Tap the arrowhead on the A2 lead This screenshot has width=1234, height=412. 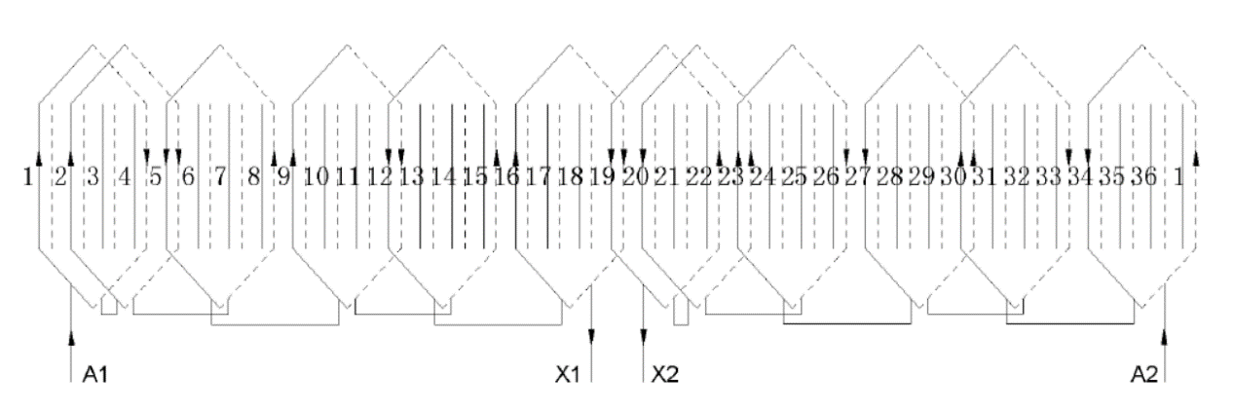[1166, 337]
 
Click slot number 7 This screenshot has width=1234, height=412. [220, 178]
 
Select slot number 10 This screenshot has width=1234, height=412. [315, 178]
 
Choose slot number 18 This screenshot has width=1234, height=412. [571, 178]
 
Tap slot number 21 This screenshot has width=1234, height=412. [666, 178]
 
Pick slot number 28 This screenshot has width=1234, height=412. [889, 178]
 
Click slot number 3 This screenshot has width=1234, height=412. [93, 178]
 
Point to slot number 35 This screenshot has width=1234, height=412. [1111, 178]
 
